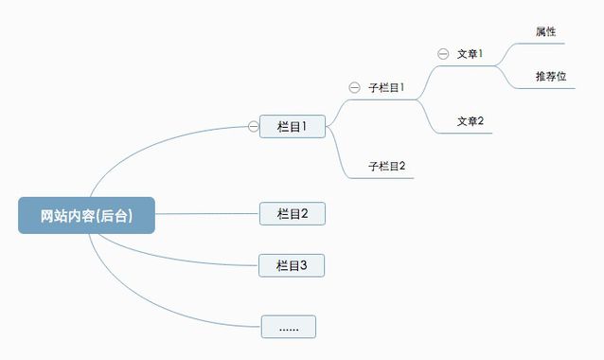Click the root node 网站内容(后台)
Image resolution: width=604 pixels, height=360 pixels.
click(x=86, y=215)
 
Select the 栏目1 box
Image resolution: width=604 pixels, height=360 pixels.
click(x=293, y=126)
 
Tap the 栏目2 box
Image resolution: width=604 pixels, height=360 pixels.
click(x=293, y=213)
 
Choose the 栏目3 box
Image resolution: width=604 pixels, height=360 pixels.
click(x=293, y=265)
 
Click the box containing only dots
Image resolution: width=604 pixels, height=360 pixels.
click(x=289, y=327)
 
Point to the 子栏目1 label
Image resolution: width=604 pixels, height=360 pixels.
click(x=386, y=87)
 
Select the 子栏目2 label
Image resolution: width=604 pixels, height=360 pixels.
click(x=386, y=166)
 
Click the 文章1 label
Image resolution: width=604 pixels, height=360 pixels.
click(x=470, y=54)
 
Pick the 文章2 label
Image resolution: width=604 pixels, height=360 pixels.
click(x=470, y=121)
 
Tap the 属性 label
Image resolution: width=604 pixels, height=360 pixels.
click(x=545, y=31)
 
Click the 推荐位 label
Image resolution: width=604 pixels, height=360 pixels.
click(x=550, y=76)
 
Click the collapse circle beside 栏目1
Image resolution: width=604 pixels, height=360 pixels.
click(x=253, y=126)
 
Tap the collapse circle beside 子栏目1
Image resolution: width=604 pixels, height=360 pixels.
click(x=354, y=87)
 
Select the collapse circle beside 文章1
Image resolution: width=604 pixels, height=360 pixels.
click(x=443, y=54)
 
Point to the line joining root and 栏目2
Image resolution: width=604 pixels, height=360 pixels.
click(x=208, y=214)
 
